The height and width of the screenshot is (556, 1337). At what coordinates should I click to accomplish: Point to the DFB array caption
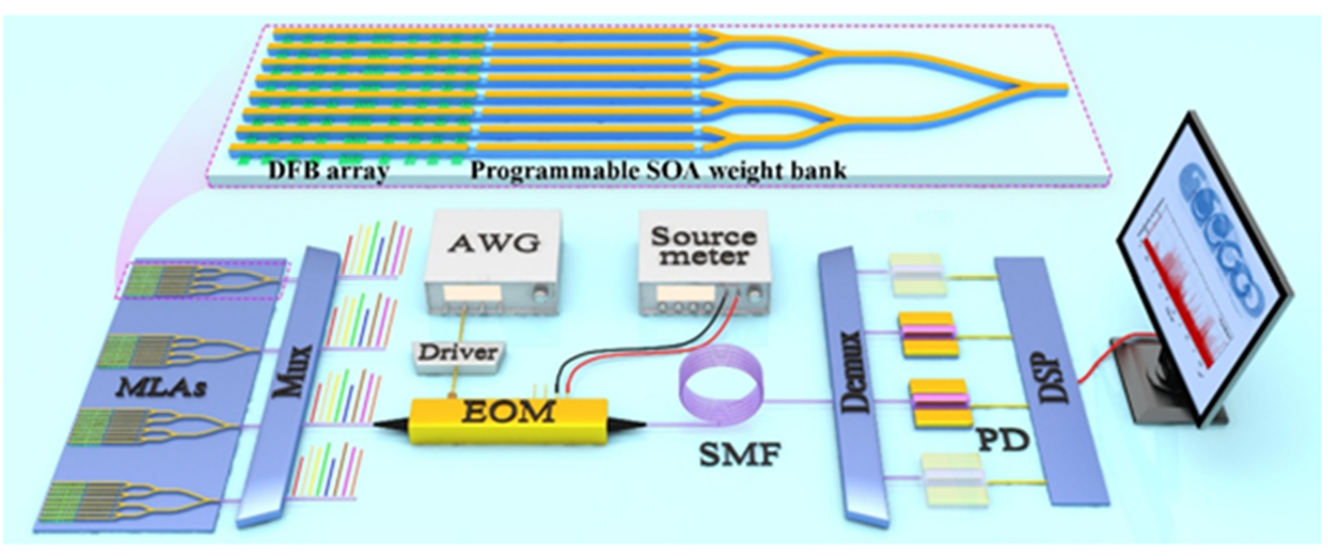(320, 174)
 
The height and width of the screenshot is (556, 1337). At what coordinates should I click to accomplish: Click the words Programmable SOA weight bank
(658, 173)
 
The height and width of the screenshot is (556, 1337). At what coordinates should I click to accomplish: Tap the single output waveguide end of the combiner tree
(1059, 86)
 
